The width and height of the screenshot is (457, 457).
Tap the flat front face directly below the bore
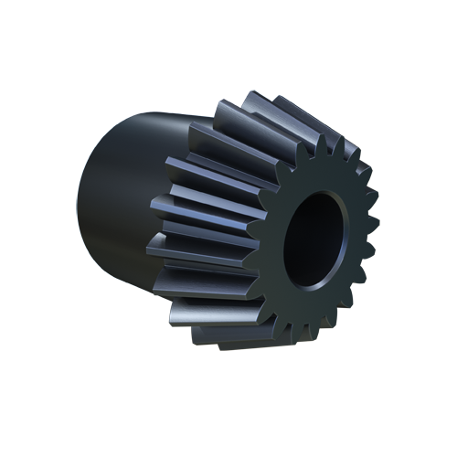pos(315,297)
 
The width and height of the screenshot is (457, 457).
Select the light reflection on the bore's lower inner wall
pos(315,274)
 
